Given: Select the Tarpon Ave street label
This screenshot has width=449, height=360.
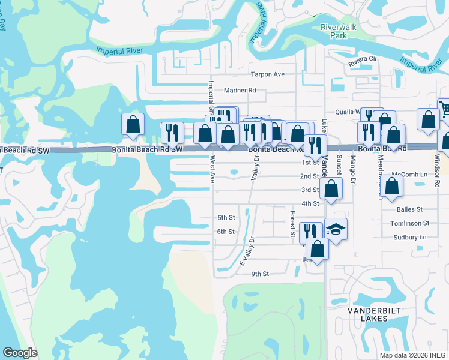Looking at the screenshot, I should coord(267,74).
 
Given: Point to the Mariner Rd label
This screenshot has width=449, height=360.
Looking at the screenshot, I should coord(240,90).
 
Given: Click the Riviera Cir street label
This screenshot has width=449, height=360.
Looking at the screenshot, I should coord(363,59).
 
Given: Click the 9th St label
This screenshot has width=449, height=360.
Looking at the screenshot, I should coord(260,274).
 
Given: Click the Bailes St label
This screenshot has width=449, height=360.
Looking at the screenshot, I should coord(410,209).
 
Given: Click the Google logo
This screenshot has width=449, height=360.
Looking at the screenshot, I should coord(20,353).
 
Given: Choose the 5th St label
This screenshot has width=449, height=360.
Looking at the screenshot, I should coord(226,217).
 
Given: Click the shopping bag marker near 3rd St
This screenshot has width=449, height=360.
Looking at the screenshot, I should coord(331,188).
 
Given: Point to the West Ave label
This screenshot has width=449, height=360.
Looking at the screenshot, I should coord(212,169).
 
